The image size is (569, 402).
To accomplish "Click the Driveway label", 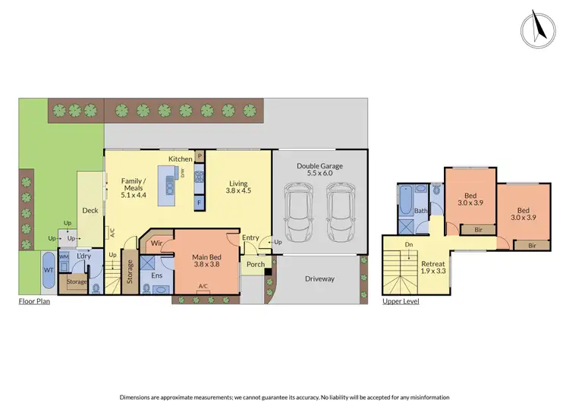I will coord(319,279).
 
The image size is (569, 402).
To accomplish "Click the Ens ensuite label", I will coord(157,276).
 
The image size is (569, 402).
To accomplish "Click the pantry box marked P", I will coord(200,156).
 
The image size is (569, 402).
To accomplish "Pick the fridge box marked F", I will coord(200,203).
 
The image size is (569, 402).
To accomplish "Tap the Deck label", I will coord(90,210).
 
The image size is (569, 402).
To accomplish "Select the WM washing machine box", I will coord(64,257).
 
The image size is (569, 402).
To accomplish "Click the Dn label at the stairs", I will coord(410,245).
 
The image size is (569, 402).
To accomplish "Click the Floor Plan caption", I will coord(36,301).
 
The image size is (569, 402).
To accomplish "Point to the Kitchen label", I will coord(180,159).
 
